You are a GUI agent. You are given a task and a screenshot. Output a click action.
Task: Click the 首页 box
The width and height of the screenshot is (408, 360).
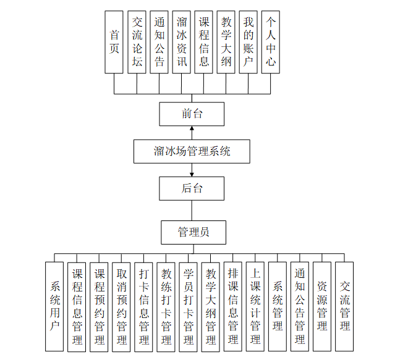point(114,42)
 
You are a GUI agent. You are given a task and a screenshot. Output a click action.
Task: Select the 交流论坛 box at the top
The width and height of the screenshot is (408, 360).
point(137,42)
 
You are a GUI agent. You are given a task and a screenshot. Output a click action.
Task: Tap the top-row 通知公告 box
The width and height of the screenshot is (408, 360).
point(159,42)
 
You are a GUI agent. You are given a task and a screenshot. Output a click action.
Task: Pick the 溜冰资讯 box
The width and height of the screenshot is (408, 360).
point(181,42)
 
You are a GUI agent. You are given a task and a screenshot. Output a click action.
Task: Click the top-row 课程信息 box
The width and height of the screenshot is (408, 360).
point(203,42)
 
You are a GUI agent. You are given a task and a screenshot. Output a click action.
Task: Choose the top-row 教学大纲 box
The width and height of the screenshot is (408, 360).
point(226,42)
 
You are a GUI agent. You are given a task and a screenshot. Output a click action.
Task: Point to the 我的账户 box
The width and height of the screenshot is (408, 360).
point(248,42)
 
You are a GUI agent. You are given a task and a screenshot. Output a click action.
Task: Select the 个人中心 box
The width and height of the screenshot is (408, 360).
point(270,42)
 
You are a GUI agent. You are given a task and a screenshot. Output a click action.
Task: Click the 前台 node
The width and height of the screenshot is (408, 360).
point(192,114)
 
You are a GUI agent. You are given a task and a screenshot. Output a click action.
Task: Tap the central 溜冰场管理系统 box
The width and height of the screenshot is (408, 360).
point(192,151)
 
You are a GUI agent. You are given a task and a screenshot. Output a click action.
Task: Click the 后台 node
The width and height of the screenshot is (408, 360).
point(192,188)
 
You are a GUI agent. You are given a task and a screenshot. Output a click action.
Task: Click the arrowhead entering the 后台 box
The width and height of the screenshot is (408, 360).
point(192,174)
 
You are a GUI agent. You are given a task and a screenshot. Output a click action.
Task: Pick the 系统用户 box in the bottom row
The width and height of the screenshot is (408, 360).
point(54,307)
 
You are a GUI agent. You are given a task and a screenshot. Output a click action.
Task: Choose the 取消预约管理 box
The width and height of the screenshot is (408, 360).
point(121,307)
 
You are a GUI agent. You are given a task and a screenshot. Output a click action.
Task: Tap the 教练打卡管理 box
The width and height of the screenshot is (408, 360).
point(166,307)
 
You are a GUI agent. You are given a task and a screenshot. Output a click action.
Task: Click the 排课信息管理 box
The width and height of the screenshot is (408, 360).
point(232,307)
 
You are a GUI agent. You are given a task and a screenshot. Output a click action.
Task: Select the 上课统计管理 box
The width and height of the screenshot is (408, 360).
point(255,307)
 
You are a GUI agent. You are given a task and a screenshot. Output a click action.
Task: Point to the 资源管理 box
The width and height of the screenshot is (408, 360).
point(321,307)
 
